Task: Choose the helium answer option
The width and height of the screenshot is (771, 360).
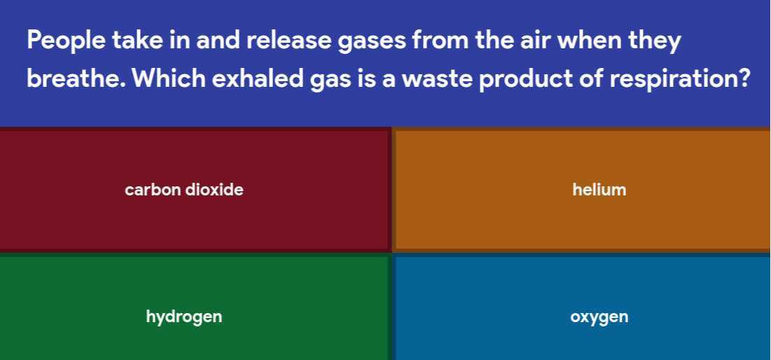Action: click(x=599, y=189)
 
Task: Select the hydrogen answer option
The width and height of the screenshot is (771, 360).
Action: click(x=183, y=317)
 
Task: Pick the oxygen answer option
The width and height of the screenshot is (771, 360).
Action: click(x=599, y=317)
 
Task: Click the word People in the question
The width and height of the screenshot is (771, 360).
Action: click(x=66, y=40)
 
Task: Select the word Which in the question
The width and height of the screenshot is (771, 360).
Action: click(x=168, y=78)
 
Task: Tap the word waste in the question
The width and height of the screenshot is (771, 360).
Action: click(x=429, y=78)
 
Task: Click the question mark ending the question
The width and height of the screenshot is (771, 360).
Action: click(x=744, y=78)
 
